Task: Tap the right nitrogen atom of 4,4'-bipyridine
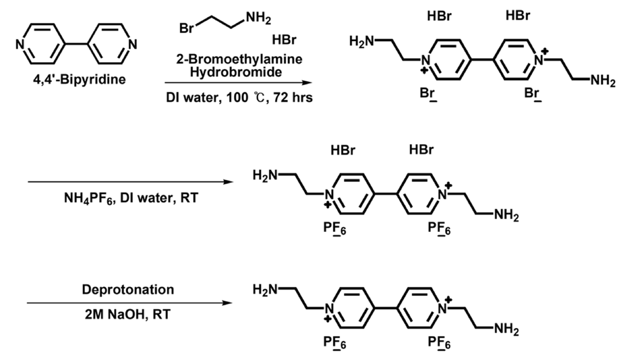132,44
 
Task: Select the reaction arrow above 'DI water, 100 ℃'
238,83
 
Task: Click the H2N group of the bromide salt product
363,42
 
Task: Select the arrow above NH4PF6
127,182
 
